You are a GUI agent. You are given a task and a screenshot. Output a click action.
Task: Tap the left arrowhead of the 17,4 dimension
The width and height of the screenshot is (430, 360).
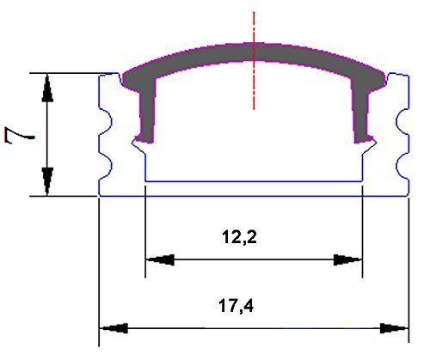pyautogui.click(x=114, y=327)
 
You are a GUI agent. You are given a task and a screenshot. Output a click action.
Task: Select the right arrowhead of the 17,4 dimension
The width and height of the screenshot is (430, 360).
pyautogui.click(x=394, y=327)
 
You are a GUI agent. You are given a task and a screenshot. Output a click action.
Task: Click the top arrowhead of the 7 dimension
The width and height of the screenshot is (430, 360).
pyautogui.click(x=48, y=87)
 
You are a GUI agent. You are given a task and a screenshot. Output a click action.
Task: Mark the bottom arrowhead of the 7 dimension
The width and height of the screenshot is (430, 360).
pyautogui.click(x=48, y=182)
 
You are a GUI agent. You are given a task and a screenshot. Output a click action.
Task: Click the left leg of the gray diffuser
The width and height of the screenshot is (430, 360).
pyautogui.click(x=147, y=116)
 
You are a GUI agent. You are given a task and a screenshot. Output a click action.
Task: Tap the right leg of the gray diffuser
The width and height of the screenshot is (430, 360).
pyautogui.click(x=362, y=116)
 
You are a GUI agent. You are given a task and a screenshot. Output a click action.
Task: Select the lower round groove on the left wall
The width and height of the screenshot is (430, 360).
pyautogui.click(x=107, y=162)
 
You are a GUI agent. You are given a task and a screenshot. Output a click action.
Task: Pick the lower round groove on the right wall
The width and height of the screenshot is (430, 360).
pyautogui.click(x=400, y=162)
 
